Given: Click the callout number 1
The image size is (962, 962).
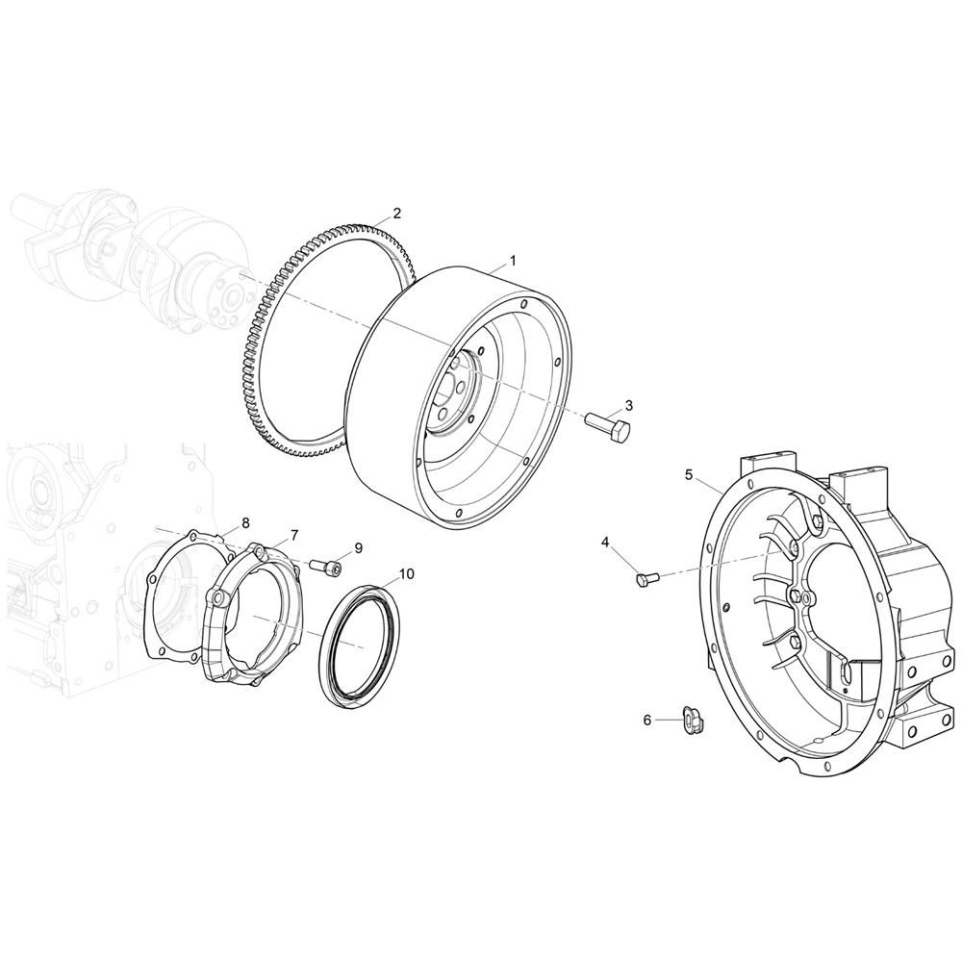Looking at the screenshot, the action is point(513,261).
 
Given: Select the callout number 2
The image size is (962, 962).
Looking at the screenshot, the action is point(397,214).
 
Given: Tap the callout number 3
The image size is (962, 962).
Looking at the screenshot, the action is point(629,405).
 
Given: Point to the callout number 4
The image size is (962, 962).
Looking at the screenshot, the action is point(605,542).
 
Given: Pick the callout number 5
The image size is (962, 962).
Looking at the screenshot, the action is point(689,474).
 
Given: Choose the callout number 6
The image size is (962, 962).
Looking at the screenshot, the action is point(646,720).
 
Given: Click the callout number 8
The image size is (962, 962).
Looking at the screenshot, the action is point(245,522).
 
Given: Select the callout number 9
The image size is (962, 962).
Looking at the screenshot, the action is point(358,548).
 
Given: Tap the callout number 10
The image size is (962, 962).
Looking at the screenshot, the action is point(407,573).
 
